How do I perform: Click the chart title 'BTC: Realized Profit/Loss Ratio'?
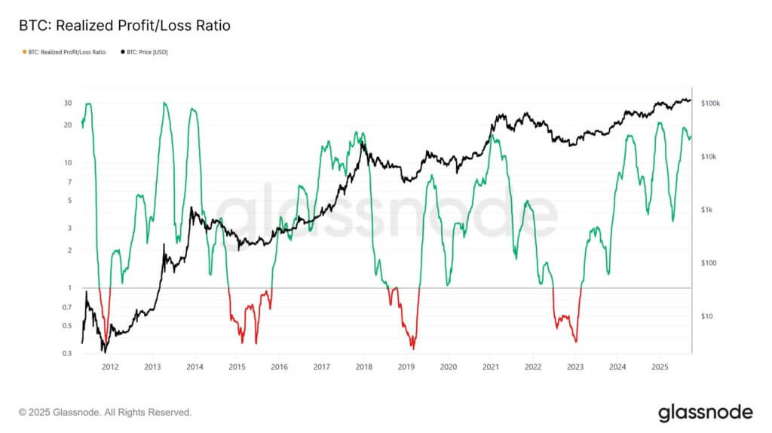point(124,26)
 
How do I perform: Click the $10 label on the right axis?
point(706,316)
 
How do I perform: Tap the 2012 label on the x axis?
point(109,367)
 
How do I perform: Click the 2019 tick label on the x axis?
point(406,367)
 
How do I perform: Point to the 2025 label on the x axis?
point(659,367)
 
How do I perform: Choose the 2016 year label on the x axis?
point(279,367)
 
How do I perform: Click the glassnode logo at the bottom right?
point(705,412)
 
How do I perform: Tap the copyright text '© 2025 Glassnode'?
point(105,413)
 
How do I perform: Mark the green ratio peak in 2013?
point(164,103)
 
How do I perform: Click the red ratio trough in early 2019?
point(413,348)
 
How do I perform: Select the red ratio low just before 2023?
point(576,341)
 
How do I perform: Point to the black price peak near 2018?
point(363,141)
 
